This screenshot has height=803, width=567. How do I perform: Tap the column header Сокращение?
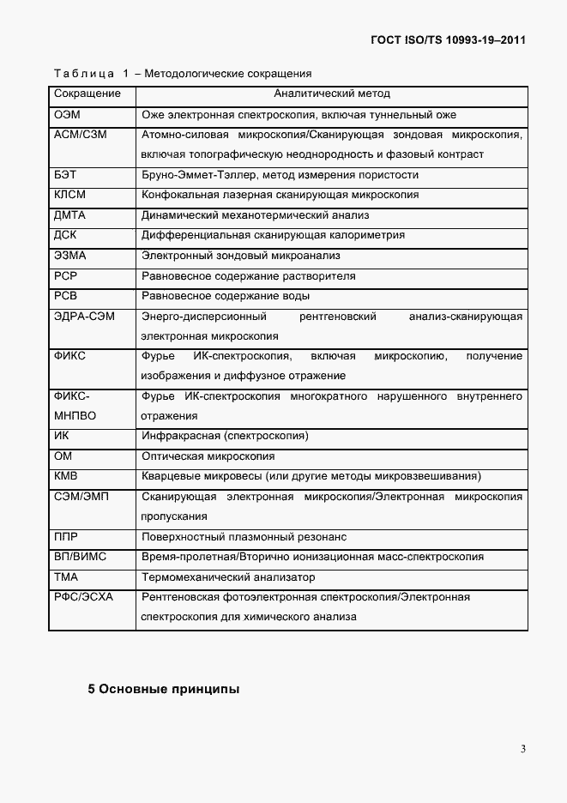click(87, 94)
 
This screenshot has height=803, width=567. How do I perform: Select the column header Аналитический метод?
click(332, 94)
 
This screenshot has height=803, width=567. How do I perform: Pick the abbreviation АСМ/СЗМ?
click(81, 135)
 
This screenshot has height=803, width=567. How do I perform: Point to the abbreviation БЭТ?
click(65, 175)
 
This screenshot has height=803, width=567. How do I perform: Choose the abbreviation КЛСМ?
click(70, 195)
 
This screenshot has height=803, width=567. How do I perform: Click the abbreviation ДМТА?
click(70, 215)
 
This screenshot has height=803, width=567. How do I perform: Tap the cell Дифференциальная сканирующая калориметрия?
click(273, 235)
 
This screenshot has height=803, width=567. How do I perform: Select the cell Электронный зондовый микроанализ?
click(241, 256)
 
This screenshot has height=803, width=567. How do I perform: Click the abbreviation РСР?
click(66, 276)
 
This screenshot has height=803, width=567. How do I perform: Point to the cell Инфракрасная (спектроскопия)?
click(225, 436)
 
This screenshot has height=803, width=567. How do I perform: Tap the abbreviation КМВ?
click(67, 476)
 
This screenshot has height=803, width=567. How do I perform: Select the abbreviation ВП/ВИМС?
click(80, 557)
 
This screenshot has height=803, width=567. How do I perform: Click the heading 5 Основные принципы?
click(163, 689)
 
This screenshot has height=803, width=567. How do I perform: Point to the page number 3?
click(522, 748)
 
